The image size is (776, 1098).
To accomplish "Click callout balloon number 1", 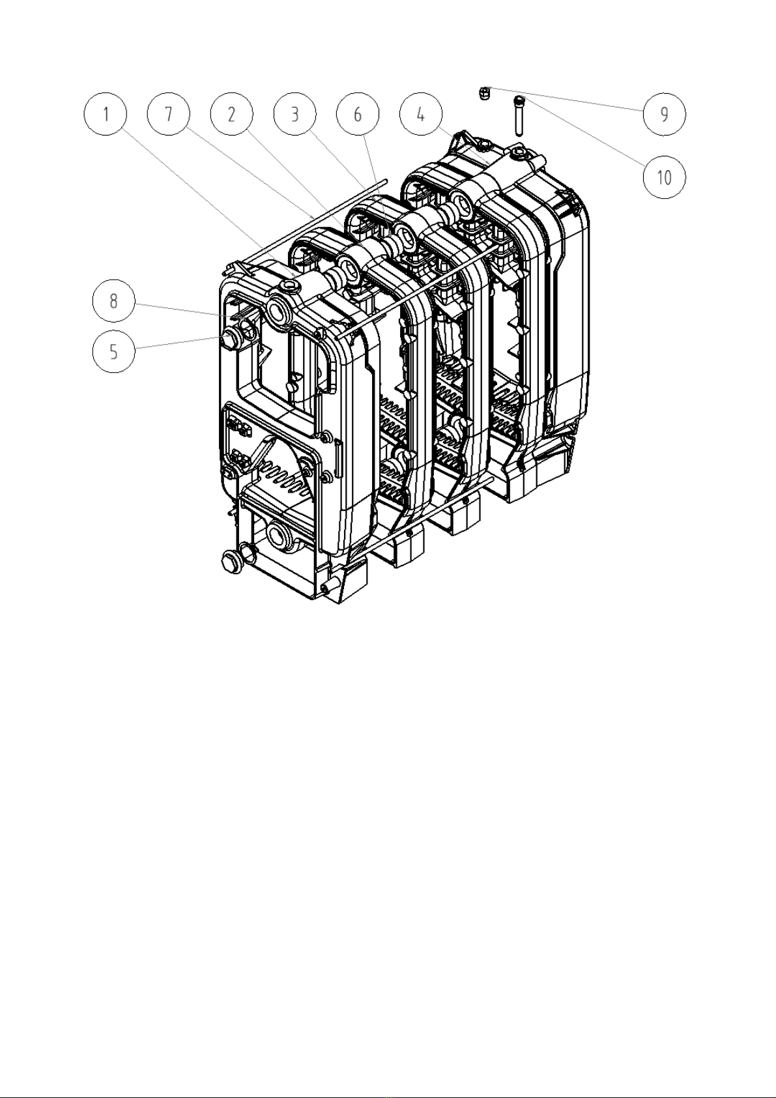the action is tap(106, 114).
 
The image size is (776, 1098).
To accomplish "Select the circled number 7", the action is tap(169, 114).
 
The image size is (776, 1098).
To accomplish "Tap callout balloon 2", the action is tap(232, 114).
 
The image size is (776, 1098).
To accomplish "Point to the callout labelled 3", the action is tap(295, 114).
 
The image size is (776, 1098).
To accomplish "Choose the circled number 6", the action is tap(358, 114).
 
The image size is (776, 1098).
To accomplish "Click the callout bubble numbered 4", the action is tap(421, 114).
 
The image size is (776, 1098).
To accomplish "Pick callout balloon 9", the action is tap(664, 114).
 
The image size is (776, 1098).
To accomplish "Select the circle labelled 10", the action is tap(664, 177).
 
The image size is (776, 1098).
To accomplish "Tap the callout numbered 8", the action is tap(114, 300).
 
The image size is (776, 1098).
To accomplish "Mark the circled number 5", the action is tap(114, 351).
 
